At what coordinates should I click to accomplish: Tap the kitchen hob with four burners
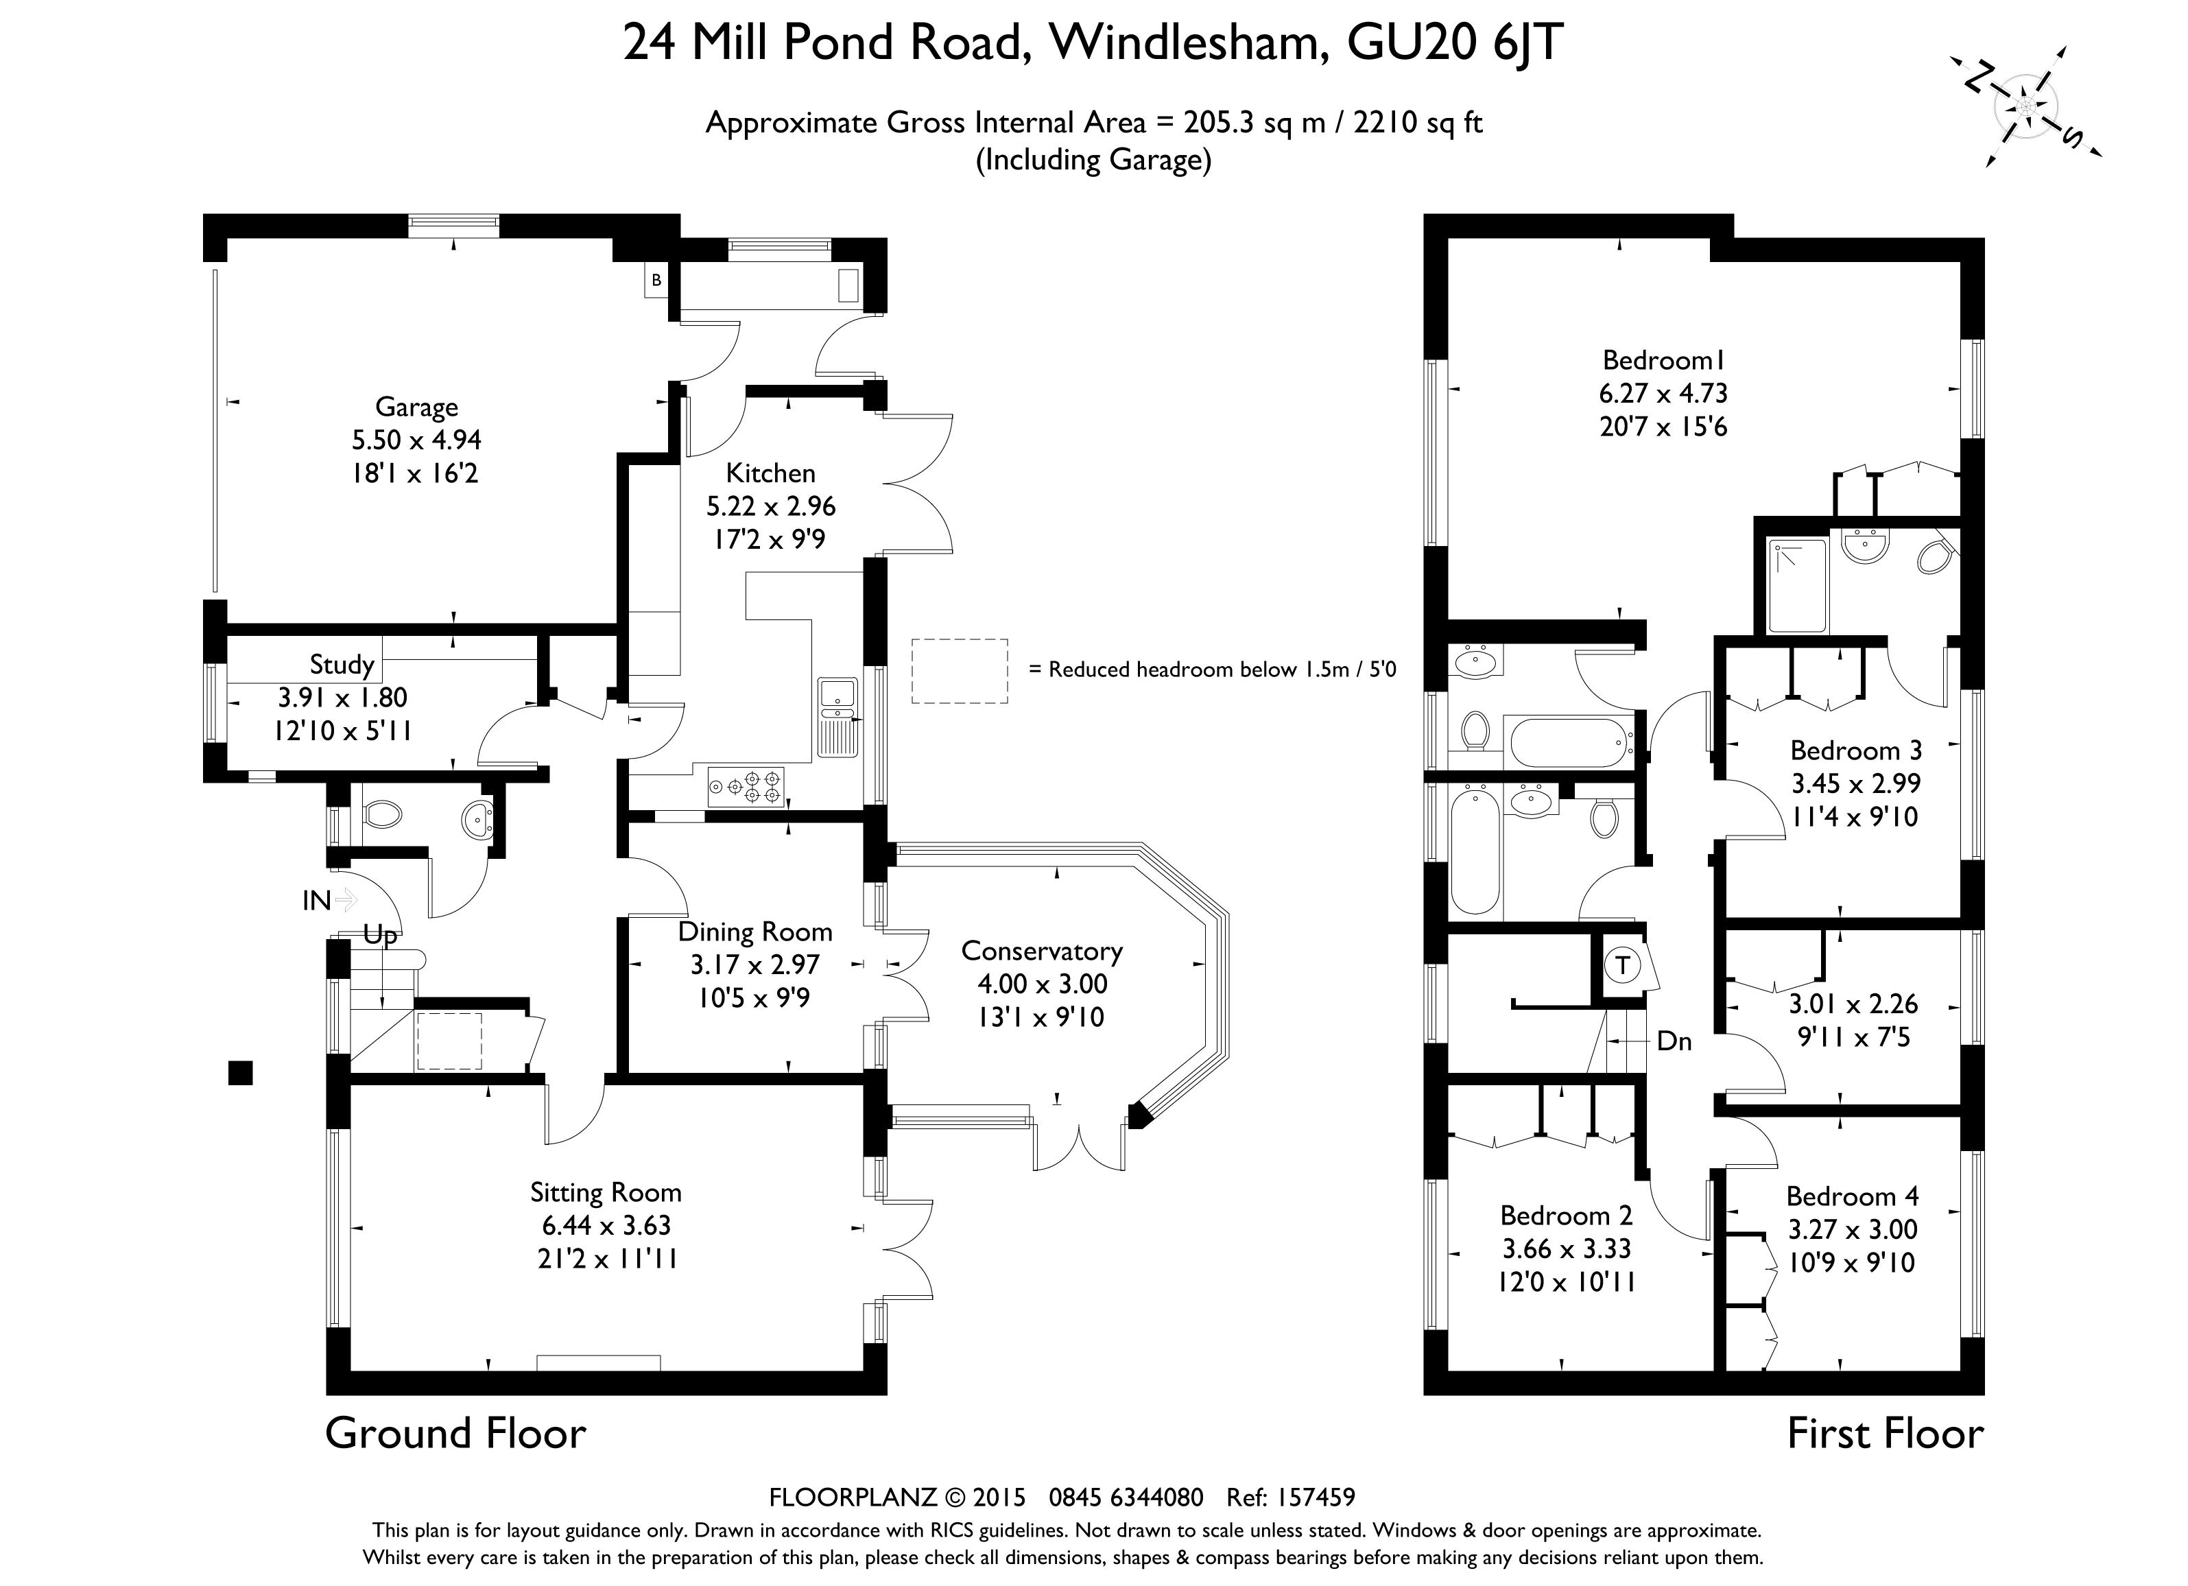click(x=746, y=786)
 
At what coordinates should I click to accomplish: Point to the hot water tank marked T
click(x=1623, y=964)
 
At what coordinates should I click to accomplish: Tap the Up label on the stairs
click(x=379, y=935)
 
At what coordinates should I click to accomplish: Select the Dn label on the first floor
click(x=1674, y=1041)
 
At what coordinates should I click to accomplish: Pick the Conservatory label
click(x=1042, y=951)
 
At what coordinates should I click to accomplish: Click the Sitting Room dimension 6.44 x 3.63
click(x=606, y=1225)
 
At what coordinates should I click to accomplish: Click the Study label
click(x=342, y=665)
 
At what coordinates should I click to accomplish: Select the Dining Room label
click(x=754, y=932)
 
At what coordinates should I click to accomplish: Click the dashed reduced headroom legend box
click(x=959, y=670)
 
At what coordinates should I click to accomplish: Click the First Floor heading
click(x=1884, y=1434)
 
